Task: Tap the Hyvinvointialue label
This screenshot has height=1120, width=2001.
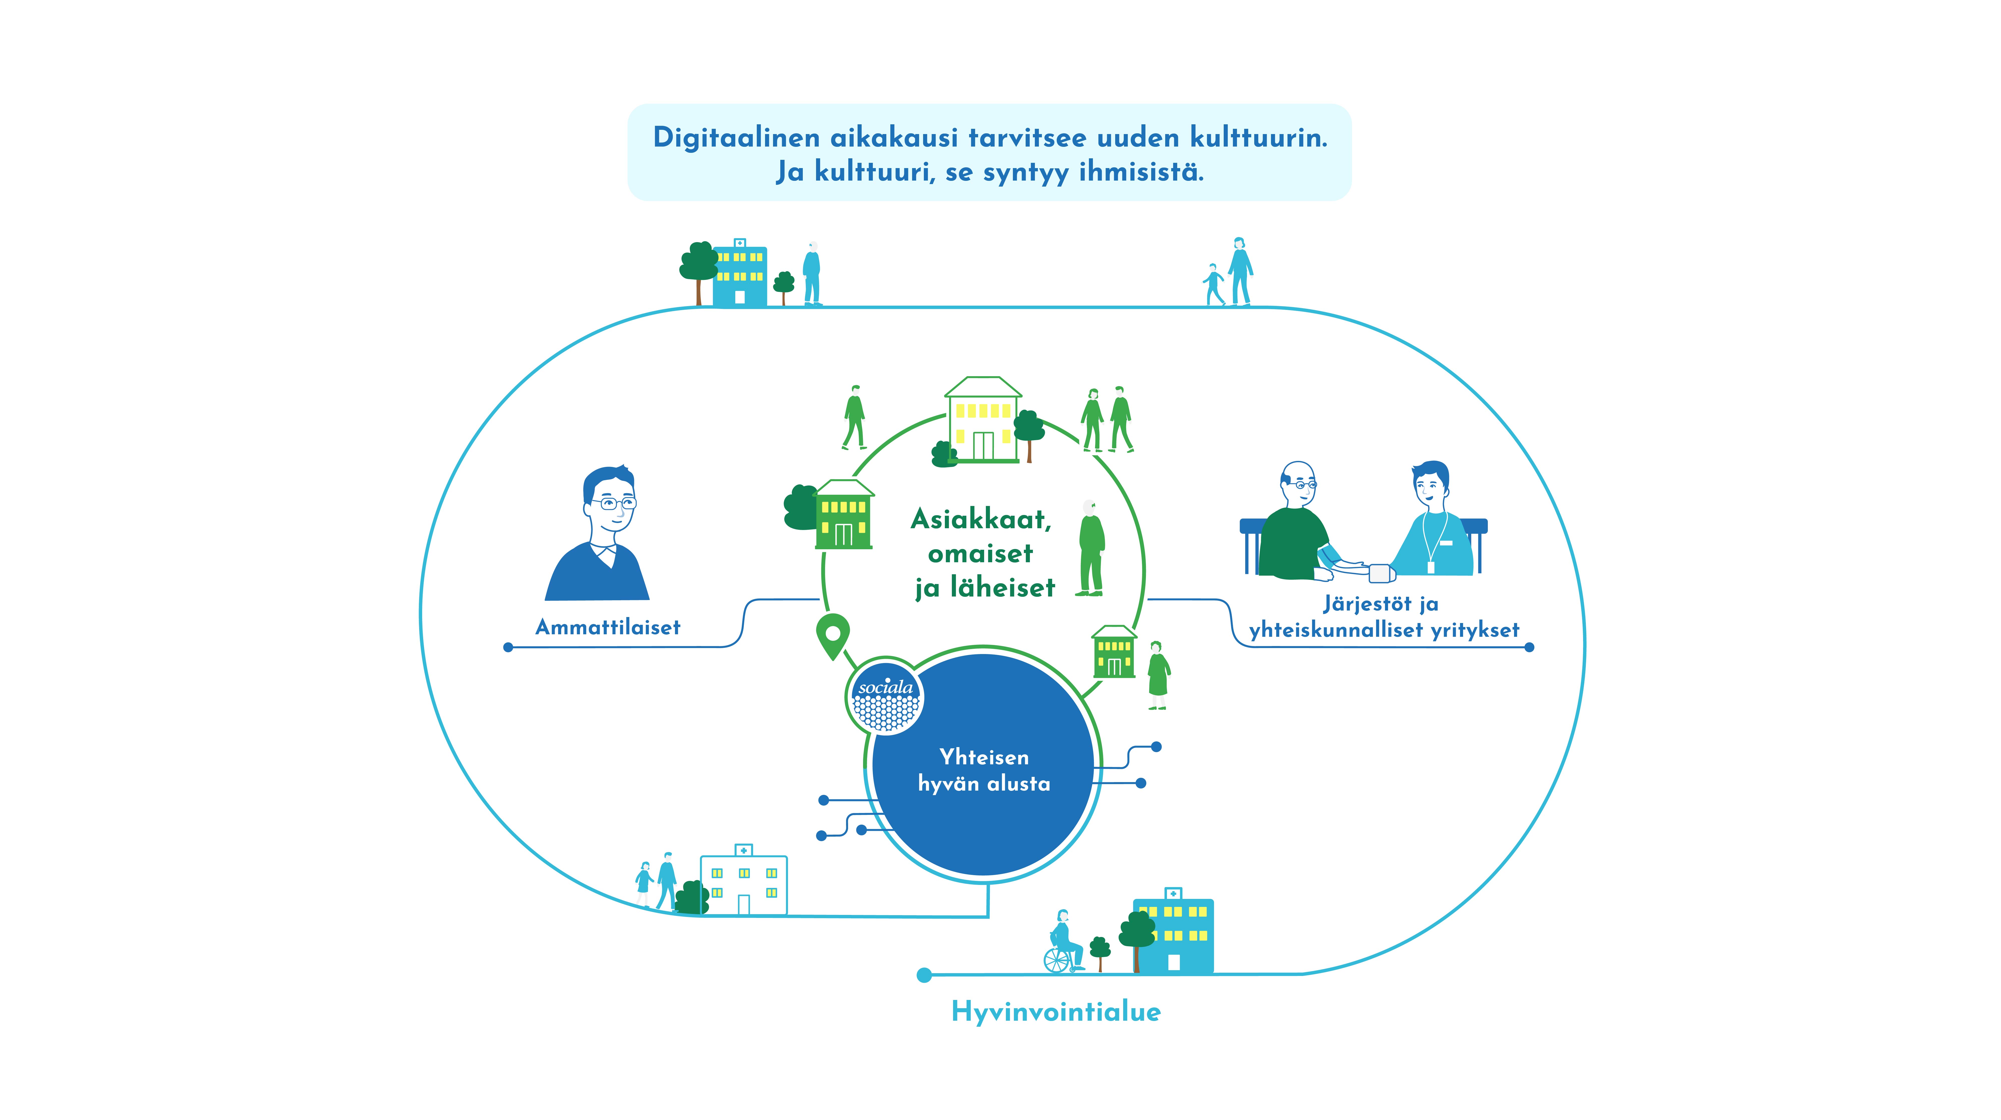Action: [1056, 1011]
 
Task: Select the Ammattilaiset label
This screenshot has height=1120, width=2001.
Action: [607, 628]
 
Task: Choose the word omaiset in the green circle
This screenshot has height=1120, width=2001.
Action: [980, 554]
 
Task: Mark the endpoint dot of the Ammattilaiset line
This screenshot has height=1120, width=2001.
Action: [508, 647]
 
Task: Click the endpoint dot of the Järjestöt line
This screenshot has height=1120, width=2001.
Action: [1529, 647]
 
